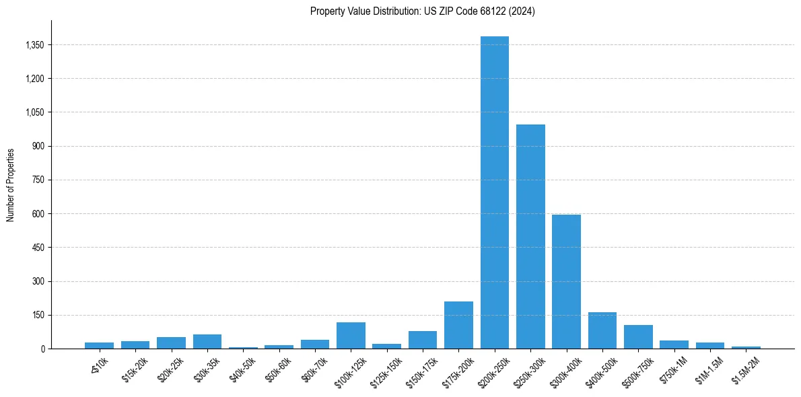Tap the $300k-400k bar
pos(566,282)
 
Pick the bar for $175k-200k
pos(458,325)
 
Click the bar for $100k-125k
pos(351,335)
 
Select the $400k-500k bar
pos(602,330)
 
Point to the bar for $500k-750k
pos(638,336)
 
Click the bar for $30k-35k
pos(207,341)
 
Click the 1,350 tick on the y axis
pos(34,45)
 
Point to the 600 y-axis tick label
pos(38,214)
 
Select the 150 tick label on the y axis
pos(38,315)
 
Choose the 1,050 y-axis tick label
pos(34,112)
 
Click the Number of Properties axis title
pos(11,184)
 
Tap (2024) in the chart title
pos(522,11)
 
